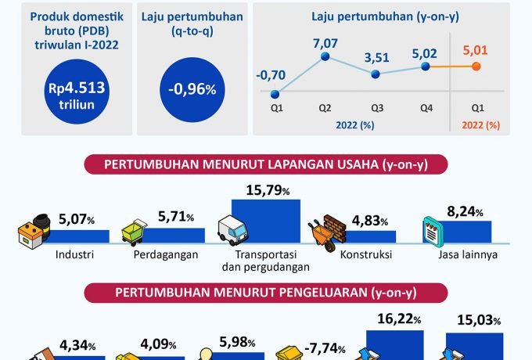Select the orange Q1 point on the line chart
click(476, 67)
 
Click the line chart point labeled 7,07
click(325, 56)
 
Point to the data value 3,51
click(376, 56)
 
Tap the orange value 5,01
click(476, 50)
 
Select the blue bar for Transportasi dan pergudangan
click(265, 222)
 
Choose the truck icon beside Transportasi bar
click(232, 231)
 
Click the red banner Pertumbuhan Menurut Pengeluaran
click(265, 293)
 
